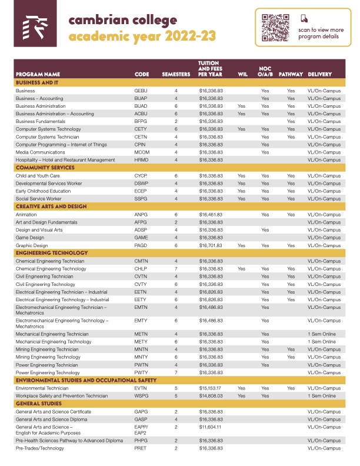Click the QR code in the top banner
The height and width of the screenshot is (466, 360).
point(276,27)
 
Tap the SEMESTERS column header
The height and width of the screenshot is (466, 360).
point(176,75)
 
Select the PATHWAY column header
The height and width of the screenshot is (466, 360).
point(291,75)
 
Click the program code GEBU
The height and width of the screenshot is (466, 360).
point(141,91)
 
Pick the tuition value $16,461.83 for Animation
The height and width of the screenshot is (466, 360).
point(211,215)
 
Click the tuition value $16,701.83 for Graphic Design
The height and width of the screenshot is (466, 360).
point(211,245)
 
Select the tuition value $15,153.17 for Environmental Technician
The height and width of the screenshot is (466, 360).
point(211,388)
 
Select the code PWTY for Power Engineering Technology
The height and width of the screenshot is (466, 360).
point(141,372)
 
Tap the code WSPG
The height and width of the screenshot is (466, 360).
point(141,396)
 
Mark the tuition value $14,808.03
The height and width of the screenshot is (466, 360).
point(211,396)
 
